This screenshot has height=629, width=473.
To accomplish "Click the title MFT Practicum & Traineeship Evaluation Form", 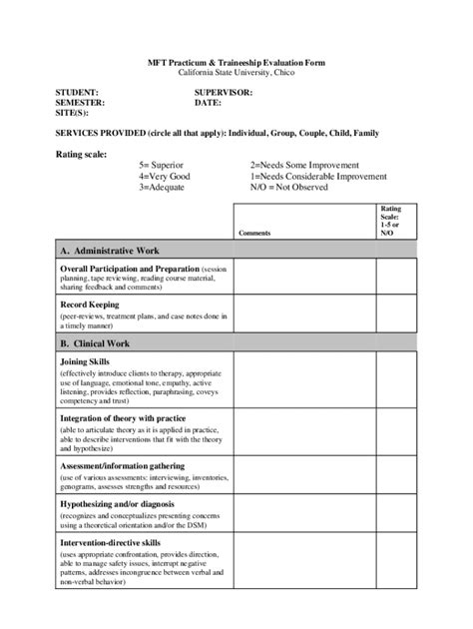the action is (x=236, y=62).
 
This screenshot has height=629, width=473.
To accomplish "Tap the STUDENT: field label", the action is (x=76, y=92).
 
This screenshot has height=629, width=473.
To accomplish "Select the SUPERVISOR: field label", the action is (x=224, y=92).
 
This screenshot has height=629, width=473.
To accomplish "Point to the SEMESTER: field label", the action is (x=79, y=102).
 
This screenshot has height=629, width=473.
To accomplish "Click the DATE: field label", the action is (x=208, y=102).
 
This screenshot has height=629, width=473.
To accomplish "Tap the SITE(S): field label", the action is (x=73, y=113).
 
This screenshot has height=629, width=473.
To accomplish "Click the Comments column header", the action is (x=254, y=233).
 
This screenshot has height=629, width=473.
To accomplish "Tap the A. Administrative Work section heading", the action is (x=110, y=251).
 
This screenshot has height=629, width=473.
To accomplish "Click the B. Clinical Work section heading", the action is (x=98, y=342).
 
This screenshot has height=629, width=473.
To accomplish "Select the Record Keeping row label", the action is (x=90, y=305).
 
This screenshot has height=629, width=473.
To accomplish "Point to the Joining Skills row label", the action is (x=86, y=361).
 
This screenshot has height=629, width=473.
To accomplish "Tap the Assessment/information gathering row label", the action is (x=122, y=466).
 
